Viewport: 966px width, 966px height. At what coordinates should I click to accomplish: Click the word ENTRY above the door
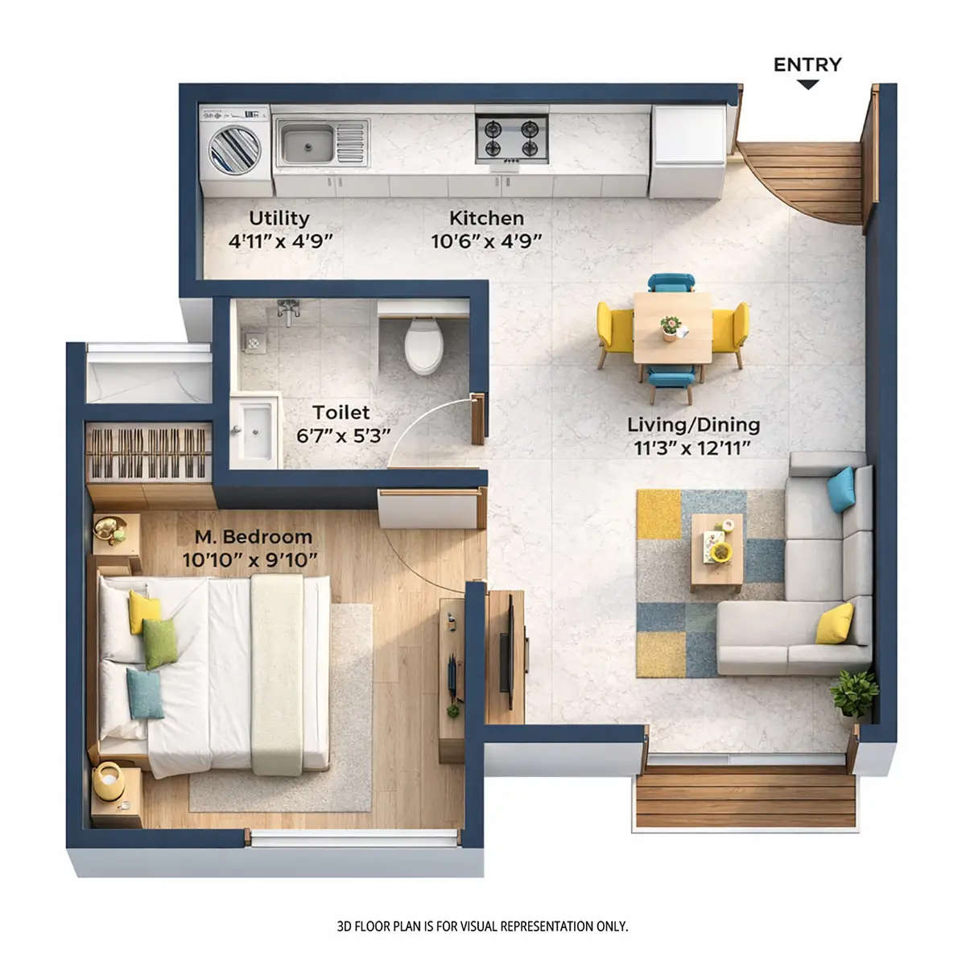pyautogui.click(x=807, y=65)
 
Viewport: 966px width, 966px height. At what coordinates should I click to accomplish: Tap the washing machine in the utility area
pyautogui.click(x=234, y=148)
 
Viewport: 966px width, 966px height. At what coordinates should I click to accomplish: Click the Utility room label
pyautogui.click(x=279, y=218)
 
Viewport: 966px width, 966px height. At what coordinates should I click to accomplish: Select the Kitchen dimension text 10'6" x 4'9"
pyautogui.click(x=486, y=240)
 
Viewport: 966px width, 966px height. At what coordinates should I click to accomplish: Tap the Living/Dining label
pyautogui.click(x=693, y=424)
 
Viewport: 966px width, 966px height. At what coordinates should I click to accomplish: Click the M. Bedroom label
pyautogui.click(x=253, y=536)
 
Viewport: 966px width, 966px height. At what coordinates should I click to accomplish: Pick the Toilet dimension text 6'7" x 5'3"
pyautogui.click(x=343, y=435)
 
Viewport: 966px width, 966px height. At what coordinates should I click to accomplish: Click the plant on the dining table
pyautogui.click(x=671, y=326)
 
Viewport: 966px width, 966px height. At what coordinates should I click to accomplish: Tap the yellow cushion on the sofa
pyautogui.click(x=835, y=623)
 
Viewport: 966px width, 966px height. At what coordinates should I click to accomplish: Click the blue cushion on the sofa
pyautogui.click(x=841, y=489)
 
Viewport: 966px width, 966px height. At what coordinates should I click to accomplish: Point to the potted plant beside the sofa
pyautogui.click(x=854, y=691)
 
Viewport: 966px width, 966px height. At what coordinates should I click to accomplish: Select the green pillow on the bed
pyautogui.click(x=160, y=642)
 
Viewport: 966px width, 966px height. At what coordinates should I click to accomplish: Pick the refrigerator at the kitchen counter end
pyautogui.click(x=687, y=151)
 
